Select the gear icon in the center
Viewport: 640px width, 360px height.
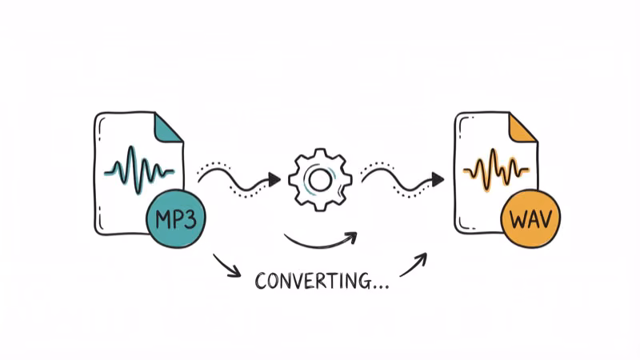tap(320, 179)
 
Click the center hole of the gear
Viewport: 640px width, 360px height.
tap(320, 180)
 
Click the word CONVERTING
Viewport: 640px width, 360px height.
tap(312, 281)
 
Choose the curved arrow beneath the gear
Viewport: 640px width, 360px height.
tap(320, 241)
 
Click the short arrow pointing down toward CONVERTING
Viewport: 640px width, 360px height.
tap(227, 266)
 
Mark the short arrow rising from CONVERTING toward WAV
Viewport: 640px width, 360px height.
tap(414, 265)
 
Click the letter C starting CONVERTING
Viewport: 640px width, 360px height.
tap(261, 281)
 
